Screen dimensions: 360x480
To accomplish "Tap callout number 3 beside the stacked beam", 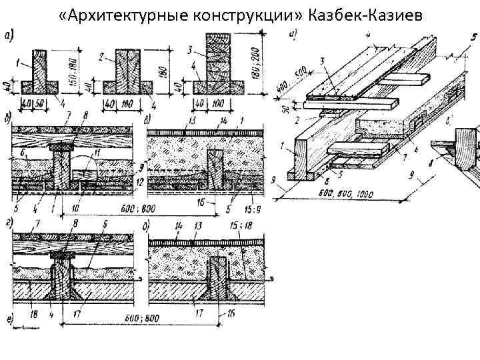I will click(x=191, y=50).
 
